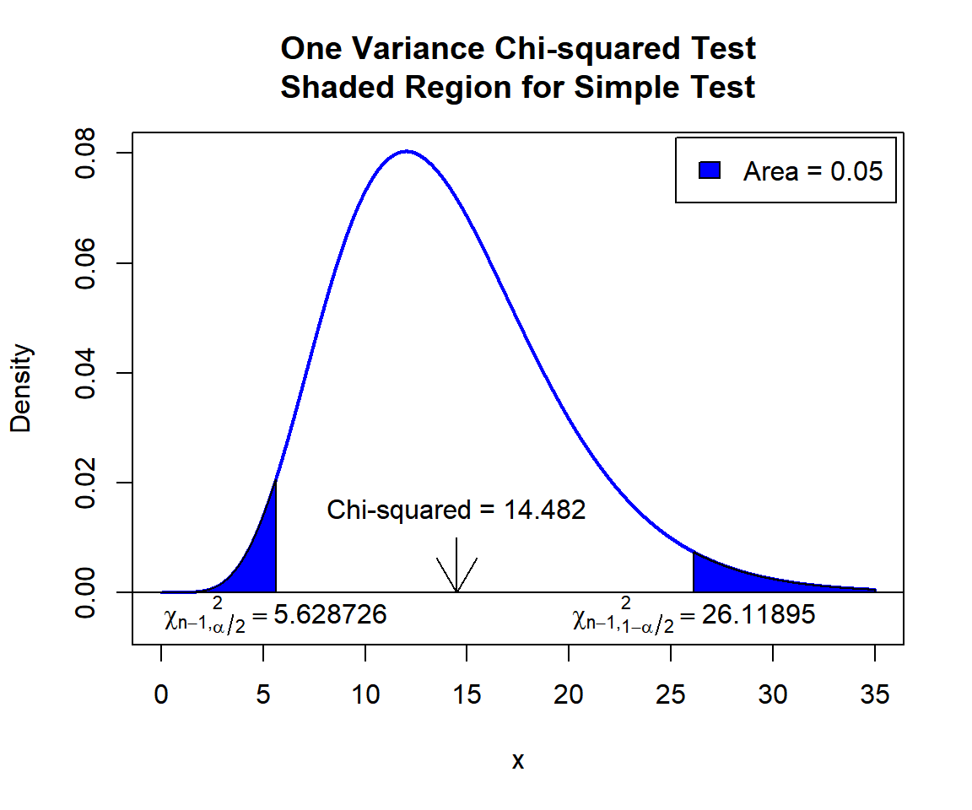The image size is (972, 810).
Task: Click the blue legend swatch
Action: coord(709,170)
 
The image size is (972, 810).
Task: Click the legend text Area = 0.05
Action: coord(813,171)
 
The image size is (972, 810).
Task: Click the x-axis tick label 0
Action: coord(161,695)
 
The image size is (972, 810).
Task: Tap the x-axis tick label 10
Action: coord(365,695)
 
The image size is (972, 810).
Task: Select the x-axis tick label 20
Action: coord(570,695)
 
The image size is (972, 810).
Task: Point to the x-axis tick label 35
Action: coord(875,695)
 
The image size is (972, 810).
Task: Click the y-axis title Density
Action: coord(21,388)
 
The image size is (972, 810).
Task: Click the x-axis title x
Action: coord(518,761)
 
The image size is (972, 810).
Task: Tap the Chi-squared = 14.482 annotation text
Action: coord(456,510)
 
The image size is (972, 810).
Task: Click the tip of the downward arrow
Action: coord(456,591)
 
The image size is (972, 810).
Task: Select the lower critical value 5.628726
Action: coord(330,615)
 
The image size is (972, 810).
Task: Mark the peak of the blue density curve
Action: coord(407,151)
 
